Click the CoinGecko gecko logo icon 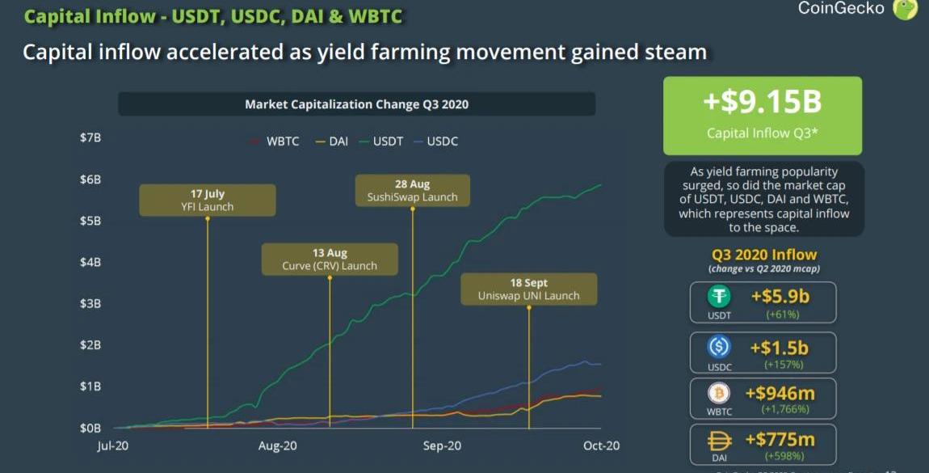(906, 9)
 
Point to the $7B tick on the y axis (90, 138)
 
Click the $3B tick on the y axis (90, 303)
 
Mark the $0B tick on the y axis (90, 428)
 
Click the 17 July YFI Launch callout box (208, 200)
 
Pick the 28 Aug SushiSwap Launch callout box (412, 191)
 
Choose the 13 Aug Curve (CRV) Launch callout (330, 260)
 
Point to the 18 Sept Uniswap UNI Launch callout (528, 289)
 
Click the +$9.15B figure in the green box (763, 103)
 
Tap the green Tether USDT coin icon (718, 297)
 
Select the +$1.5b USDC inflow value (779, 348)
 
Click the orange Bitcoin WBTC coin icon (718, 394)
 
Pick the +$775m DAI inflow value (780, 440)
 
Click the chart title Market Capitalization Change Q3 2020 (356, 104)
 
